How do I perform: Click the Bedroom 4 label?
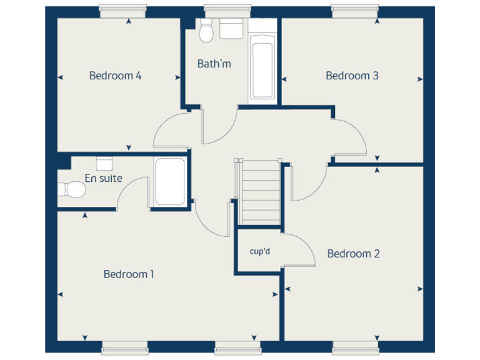pos(115,76)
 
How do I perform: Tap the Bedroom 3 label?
pos(352,76)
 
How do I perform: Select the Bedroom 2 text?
pos(353,254)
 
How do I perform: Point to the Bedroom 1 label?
pos(129,274)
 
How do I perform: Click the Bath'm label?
pos(214,64)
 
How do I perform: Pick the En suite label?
pos(103,178)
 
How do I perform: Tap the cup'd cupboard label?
pos(259,252)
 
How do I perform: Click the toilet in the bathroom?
pos(206,30)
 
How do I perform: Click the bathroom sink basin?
pos(231,29)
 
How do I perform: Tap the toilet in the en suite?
pos(71,189)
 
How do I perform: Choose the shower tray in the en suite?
pos(170,182)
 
